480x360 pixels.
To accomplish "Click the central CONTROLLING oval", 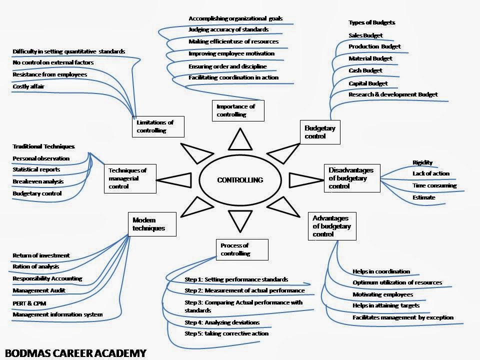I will [240, 180].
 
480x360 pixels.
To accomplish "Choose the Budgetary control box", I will [320, 132].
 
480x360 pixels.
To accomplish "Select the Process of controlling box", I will [242, 249].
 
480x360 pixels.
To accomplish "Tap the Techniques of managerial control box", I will [129, 178].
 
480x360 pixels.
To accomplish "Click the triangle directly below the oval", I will [239, 220].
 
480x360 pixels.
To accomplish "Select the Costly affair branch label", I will [28, 86].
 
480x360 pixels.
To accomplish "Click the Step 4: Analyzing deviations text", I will [222, 322].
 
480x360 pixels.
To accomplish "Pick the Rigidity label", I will [422, 162].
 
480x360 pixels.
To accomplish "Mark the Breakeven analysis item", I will [38, 181].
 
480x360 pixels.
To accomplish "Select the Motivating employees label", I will [382, 294].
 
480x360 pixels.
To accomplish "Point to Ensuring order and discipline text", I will [227, 66].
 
